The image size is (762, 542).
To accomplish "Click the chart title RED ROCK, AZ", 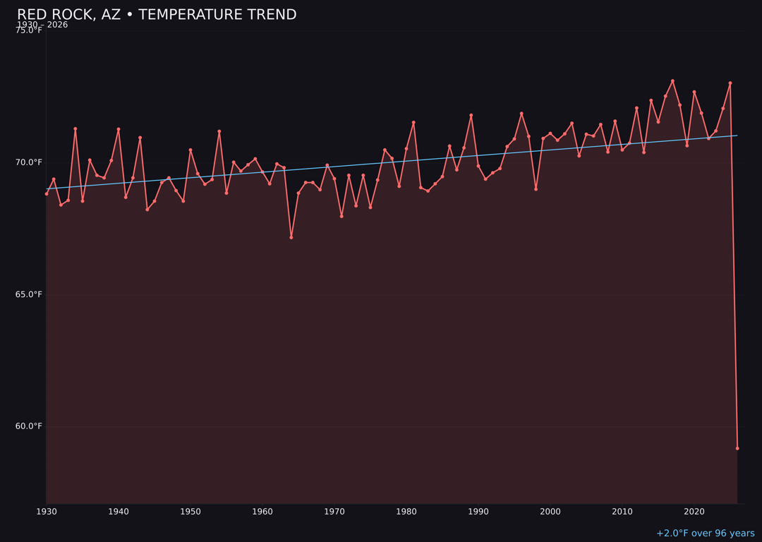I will (x=157, y=15).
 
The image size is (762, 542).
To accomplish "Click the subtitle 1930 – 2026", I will (x=42, y=25).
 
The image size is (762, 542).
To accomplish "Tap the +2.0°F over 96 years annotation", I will (x=705, y=534).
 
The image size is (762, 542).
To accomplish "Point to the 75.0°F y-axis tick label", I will (x=29, y=30).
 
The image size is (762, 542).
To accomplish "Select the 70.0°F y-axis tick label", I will (x=29, y=162).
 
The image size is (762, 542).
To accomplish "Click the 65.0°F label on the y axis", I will (x=29, y=294).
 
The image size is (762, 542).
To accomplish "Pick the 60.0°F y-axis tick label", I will (x=29, y=426).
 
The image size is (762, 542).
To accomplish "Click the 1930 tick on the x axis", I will (x=47, y=512).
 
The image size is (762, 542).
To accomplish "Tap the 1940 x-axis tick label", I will (x=119, y=512).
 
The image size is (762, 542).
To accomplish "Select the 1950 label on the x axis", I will (x=190, y=512).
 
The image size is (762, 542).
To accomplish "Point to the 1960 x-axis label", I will (x=262, y=512).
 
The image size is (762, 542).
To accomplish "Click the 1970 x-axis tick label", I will (x=334, y=512).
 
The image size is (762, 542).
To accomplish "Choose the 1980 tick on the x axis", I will (x=406, y=512).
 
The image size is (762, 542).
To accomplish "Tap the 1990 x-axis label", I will (x=478, y=512).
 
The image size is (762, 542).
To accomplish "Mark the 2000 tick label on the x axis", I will (x=550, y=512).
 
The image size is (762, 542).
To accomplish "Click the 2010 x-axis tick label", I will (x=622, y=512).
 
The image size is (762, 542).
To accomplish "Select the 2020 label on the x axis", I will (x=694, y=512).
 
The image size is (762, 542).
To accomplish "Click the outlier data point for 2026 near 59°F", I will (x=737, y=448).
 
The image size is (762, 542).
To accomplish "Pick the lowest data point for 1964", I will (x=291, y=237).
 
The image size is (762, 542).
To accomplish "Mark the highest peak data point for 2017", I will (x=672, y=81).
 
